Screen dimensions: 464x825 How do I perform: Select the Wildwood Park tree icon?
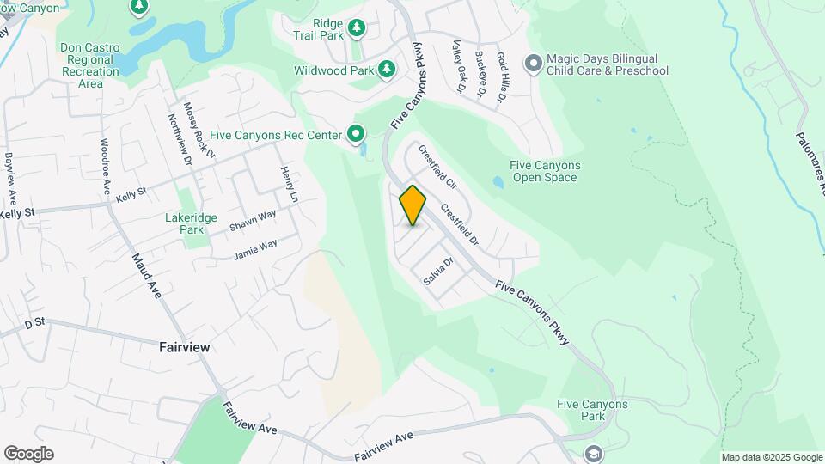[x=388, y=69]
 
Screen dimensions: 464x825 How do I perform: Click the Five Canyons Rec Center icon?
[x=355, y=133]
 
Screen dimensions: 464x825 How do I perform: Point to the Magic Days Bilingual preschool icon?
[x=533, y=64]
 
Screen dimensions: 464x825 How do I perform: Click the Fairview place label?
[x=185, y=347]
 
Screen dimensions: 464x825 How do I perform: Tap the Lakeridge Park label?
[x=185, y=223]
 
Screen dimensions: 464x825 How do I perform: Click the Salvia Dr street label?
[x=437, y=271]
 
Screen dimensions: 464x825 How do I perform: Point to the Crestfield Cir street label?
[x=437, y=167]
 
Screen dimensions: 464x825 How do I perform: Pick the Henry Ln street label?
[x=288, y=185]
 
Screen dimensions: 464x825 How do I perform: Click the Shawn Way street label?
[x=253, y=225]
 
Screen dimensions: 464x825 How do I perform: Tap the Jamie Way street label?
[x=256, y=250]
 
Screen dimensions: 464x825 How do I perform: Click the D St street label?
[x=34, y=324]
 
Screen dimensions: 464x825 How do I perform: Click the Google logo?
[x=28, y=454]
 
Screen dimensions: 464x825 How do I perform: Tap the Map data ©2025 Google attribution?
[x=772, y=457]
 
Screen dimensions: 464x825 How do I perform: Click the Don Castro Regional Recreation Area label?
[x=89, y=65]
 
